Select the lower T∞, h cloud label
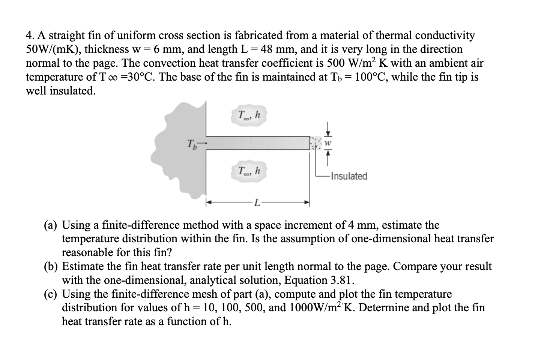point(248,171)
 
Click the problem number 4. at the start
point(30,36)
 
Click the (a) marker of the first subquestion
point(51,225)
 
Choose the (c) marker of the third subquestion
point(51,294)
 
